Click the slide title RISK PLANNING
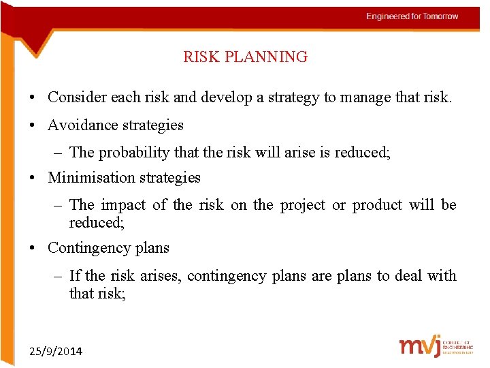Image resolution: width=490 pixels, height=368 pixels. pos(245,57)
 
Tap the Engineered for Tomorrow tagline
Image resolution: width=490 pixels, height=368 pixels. pos(412,16)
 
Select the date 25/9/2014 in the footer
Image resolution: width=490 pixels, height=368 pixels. pos(56,352)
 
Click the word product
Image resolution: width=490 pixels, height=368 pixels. pos(377,205)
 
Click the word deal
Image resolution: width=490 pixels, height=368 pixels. pos(408,276)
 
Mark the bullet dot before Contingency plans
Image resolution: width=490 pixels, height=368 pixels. pos(32,249)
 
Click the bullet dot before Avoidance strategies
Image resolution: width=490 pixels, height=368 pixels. pos(32,126)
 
